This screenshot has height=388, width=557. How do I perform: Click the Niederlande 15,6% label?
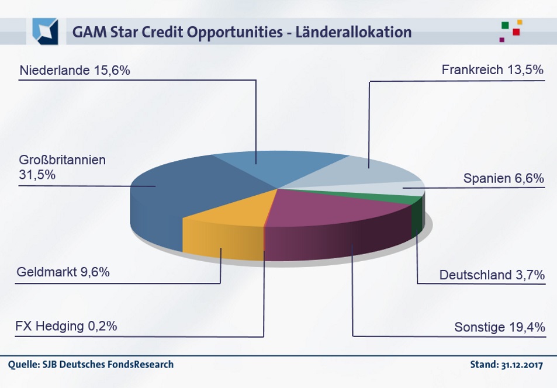coord(74,71)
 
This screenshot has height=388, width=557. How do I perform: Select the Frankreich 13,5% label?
coord(493,71)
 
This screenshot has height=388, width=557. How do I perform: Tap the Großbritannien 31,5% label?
coord(62,167)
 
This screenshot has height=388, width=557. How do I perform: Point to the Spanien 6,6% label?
coord(503,178)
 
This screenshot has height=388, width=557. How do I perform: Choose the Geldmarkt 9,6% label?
coord(63,272)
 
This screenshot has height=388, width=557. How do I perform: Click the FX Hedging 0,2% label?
coord(66,325)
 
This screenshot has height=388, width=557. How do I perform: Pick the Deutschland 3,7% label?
coord(492,275)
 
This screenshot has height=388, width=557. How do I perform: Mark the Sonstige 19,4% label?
coord(500,327)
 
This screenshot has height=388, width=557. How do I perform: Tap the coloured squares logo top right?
coord(510,30)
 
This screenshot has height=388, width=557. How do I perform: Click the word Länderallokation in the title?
coord(353,32)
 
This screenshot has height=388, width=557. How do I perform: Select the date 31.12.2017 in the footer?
coord(523,365)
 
